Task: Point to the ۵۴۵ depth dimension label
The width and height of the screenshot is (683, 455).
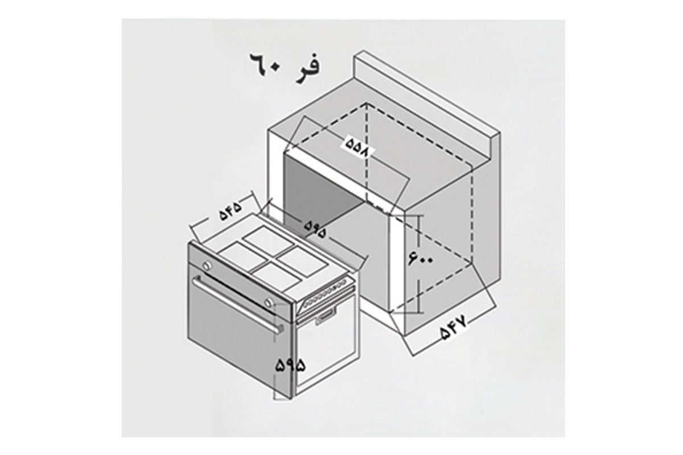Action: tap(231, 210)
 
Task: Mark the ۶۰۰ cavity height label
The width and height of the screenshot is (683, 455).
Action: tap(421, 258)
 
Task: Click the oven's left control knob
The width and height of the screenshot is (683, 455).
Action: tap(207, 265)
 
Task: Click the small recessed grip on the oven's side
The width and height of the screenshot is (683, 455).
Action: tap(326, 317)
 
